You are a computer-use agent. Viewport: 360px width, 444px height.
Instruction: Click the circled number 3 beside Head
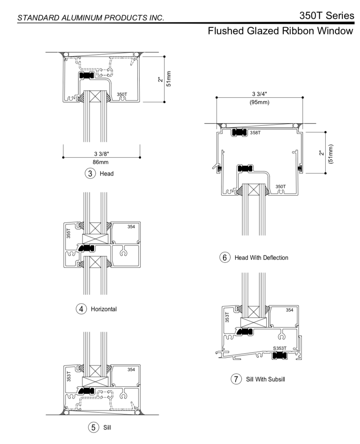tap(91, 173)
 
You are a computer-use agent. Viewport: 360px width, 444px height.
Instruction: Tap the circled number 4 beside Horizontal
tap(81, 309)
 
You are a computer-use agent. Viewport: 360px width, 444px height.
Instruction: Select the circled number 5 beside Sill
tap(93, 427)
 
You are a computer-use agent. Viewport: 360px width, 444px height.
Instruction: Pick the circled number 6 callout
tap(225, 257)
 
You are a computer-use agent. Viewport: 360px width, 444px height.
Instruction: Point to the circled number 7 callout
tap(236, 379)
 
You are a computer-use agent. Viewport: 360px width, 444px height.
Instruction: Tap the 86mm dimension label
tap(101, 162)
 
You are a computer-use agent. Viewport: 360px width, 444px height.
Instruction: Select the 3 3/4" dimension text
tap(260, 94)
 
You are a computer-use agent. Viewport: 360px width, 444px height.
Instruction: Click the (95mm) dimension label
tap(260, 102)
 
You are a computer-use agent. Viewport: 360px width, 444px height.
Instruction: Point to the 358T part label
tap(255, 133)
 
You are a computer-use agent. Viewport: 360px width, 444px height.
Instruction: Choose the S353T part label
tap(280, 349)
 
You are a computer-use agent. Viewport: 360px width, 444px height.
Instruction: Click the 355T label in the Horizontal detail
tap(69, 233)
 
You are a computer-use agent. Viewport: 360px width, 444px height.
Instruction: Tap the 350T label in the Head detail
tap(122, 94)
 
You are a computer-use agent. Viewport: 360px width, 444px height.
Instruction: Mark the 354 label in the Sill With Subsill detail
tap(289, 310)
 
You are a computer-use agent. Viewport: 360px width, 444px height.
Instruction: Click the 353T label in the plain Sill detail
tap(69, 376)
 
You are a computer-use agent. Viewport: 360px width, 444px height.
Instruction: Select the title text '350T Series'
tap(327, 16)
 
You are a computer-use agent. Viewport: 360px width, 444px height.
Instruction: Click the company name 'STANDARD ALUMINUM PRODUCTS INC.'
tap(91, 18)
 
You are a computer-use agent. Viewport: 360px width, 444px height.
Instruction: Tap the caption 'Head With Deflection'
tap(261, 258)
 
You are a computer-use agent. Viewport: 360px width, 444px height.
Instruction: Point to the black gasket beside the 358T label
tap(239, 133)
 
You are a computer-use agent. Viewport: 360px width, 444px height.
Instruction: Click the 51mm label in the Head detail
tap(169, 79)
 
